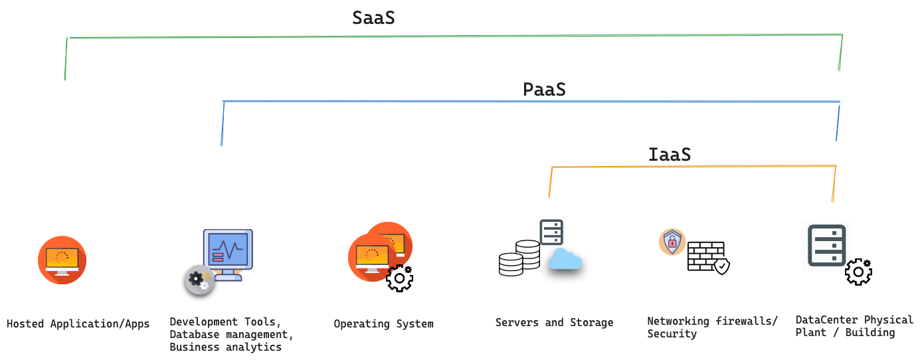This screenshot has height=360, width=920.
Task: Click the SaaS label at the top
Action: pyautogui.click(x=373, y=18)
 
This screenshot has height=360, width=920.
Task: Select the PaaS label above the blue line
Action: pyautogui.click(x=544, y=89)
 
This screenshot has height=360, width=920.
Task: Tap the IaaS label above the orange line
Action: pyautogui.click(x=669, y=155)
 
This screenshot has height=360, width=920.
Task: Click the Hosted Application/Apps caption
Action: pyautogui.click(x=78, y=324)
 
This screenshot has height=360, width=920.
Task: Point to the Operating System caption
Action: pyautogui.click(x=383, y=324)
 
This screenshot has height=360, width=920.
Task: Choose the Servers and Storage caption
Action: pyautogui.click(x=554, y=323)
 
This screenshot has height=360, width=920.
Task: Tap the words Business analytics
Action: pyautogui.click(x=225, y=347)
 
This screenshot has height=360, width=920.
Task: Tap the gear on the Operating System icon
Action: pyautogui.click(x=400, y=278)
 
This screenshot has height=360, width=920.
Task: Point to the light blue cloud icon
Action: pyautogui.click(x=565, y=260)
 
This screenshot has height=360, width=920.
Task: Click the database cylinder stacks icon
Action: pyautogui.click(x=519, y=259)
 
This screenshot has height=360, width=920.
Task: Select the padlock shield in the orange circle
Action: pyautogui.click(x=672, y=242)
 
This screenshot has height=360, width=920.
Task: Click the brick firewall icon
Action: pyautogui.click(x=707, y=256)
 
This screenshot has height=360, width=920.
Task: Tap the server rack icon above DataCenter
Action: pyautogui.click(x=826, y=245)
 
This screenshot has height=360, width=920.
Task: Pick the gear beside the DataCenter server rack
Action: pyautogui.click(x=858, y=272)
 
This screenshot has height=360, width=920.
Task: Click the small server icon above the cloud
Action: pyautogui.click(x=551, y=232)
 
